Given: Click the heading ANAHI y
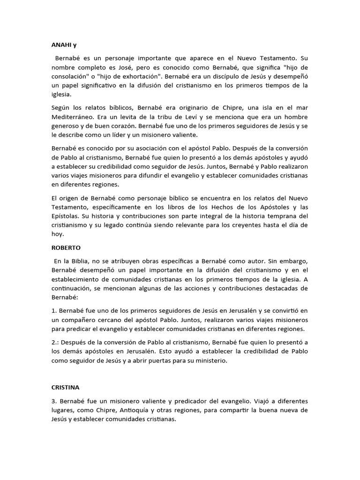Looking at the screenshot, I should [x=63, y=45].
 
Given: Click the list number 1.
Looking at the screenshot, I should [x=53, y=311].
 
